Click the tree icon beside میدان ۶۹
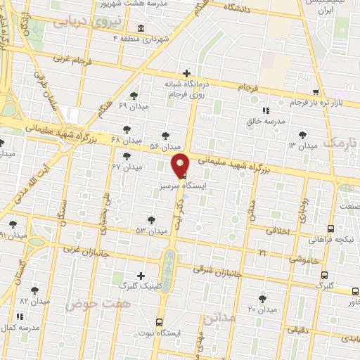pyautogui.click(x=134, y=96)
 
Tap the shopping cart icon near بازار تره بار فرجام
pyautogui.click(x=316, y=92)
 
